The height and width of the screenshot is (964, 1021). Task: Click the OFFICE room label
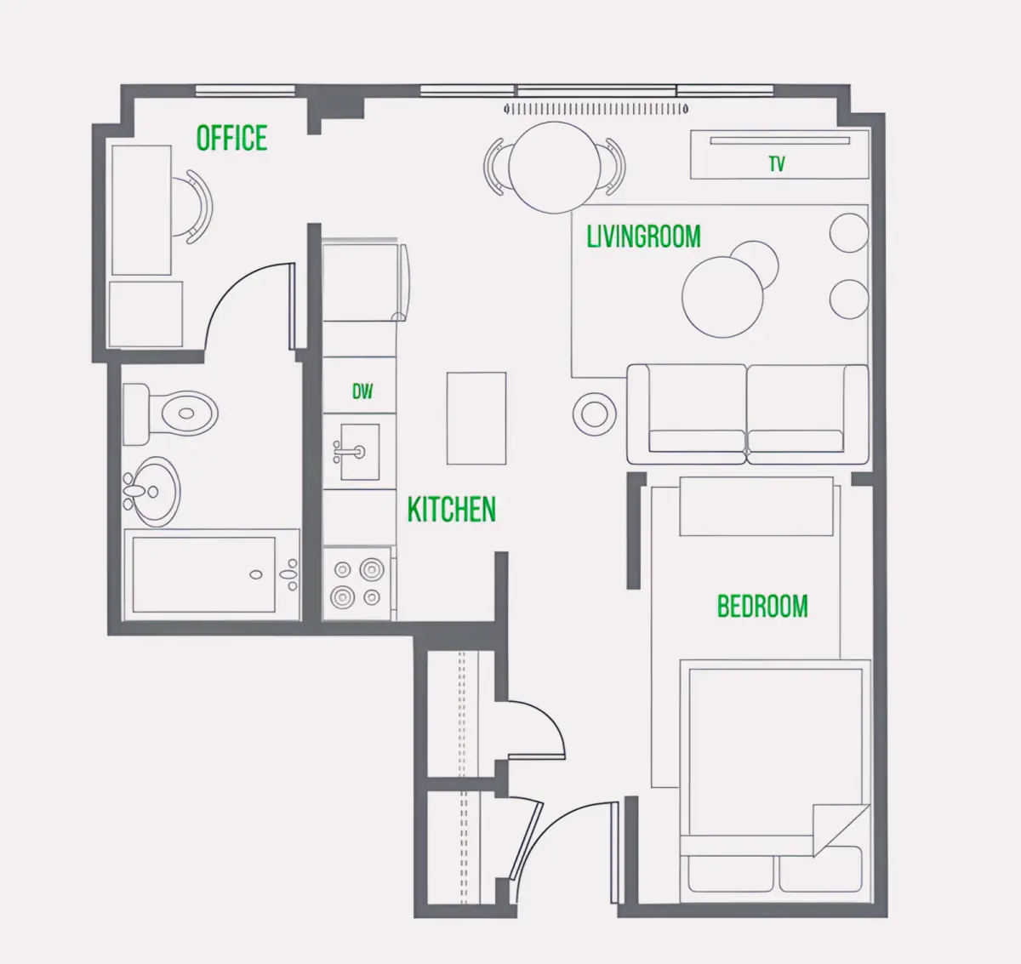click(232, 138)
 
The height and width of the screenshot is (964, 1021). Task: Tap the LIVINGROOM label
click(643, 237)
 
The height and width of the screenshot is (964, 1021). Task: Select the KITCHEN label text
click(452, 510)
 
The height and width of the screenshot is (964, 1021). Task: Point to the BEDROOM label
click(762, 606)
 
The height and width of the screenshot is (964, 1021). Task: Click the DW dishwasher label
click(362, 391)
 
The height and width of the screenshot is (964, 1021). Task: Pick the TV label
click(777, 164)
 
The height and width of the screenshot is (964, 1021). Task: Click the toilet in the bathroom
click(170, 414)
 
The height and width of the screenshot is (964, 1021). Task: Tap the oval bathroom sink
click(151, 492)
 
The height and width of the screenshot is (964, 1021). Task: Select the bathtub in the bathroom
click(212, 575)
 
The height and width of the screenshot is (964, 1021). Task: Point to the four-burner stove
click(357, 584)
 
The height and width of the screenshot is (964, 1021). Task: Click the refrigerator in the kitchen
click(366, 282)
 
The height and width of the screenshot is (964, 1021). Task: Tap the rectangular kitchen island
click(476, 419)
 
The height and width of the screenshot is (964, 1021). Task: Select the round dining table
click(555, 168)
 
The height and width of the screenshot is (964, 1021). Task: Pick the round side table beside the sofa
click(595, 414)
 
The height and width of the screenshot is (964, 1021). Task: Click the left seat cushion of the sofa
click(696, 441)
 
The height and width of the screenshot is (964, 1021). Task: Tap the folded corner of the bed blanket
click(834, 828)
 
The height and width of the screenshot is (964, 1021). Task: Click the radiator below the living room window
click(596, 109)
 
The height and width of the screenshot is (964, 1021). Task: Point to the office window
click(245, 90)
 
